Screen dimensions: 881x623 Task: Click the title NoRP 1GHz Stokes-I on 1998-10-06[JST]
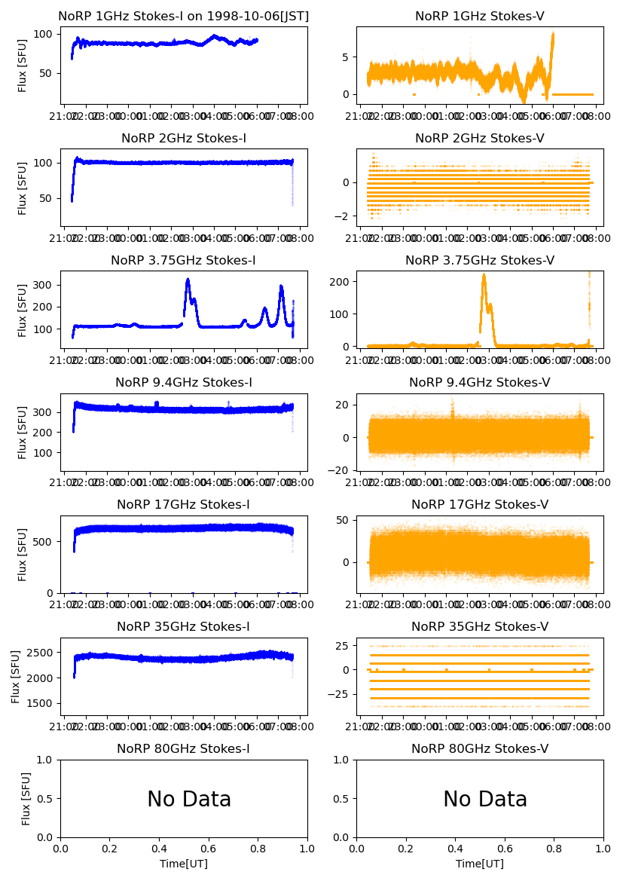[184, 17]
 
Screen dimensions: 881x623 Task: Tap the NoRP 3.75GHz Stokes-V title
[480, 261]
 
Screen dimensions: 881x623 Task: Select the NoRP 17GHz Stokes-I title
[184, 505]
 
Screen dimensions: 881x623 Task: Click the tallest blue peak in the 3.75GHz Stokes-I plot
[188, 280]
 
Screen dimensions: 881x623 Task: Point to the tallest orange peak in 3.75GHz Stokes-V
[484, 276]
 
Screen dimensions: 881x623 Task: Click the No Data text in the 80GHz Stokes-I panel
[189, 800]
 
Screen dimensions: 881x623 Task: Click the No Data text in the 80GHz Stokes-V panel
[485, 800]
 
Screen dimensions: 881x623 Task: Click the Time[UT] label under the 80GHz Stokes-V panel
[480, 864]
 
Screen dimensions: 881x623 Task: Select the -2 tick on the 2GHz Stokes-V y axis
[345, 216]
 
